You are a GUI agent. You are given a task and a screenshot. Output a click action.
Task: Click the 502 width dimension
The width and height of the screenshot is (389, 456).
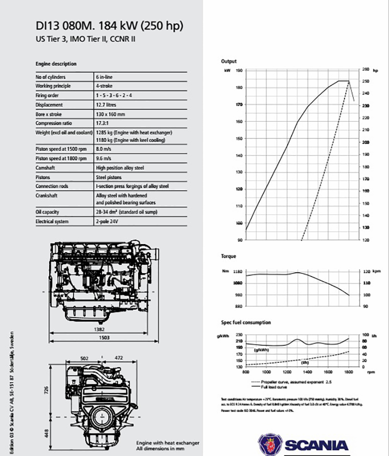coord(84,358)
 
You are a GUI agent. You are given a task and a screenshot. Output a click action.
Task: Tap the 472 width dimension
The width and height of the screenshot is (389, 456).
coord(119,358)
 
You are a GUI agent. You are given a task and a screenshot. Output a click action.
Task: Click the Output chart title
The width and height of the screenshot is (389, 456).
coord(229,61)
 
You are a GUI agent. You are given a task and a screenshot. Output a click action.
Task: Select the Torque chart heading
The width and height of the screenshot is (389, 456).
coord(229,256)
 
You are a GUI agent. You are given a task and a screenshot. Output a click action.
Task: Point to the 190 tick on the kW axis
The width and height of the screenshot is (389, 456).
coord(239,70)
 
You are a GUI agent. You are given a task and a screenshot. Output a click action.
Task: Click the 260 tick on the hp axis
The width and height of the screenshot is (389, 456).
coord(367,69)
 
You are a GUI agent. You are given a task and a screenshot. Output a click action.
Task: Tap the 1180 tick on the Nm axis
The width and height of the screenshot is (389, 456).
coord(237,271)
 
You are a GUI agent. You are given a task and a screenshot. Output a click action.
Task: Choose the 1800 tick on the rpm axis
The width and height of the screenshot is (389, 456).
coord(349,372)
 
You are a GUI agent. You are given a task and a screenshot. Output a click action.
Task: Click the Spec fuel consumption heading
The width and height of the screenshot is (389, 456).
coord(246,322)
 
